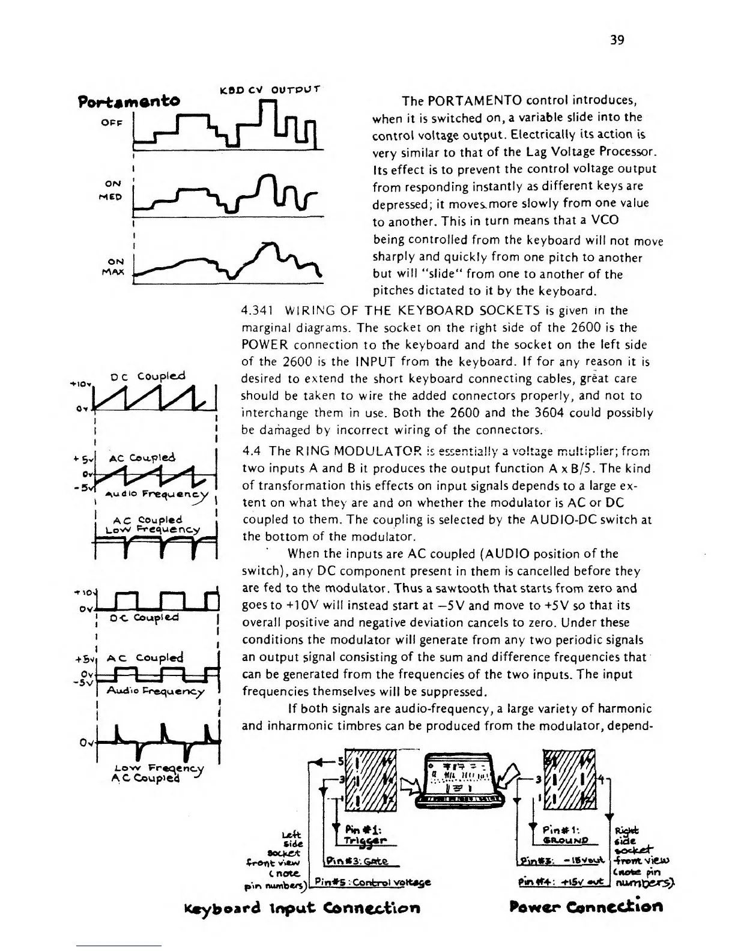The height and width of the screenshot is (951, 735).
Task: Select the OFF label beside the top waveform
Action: (x=112, y=122)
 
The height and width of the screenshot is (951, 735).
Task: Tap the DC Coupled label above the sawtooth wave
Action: (x=148, y=377)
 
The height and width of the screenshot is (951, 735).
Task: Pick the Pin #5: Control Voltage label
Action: (x=372, y=882)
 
